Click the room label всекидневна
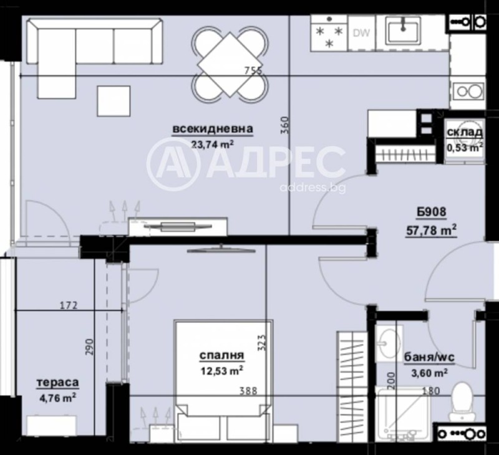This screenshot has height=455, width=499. [x=213, y=130]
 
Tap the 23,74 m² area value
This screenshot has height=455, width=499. [x=212, y=144]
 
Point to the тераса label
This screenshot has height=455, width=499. [x=57, y=381]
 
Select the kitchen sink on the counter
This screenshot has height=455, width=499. [x=406, y=29]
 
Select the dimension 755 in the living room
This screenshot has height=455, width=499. [x=253, y=70]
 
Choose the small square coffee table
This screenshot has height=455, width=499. [x=114, y=101]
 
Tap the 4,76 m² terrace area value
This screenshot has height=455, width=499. [x=57, y=395]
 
